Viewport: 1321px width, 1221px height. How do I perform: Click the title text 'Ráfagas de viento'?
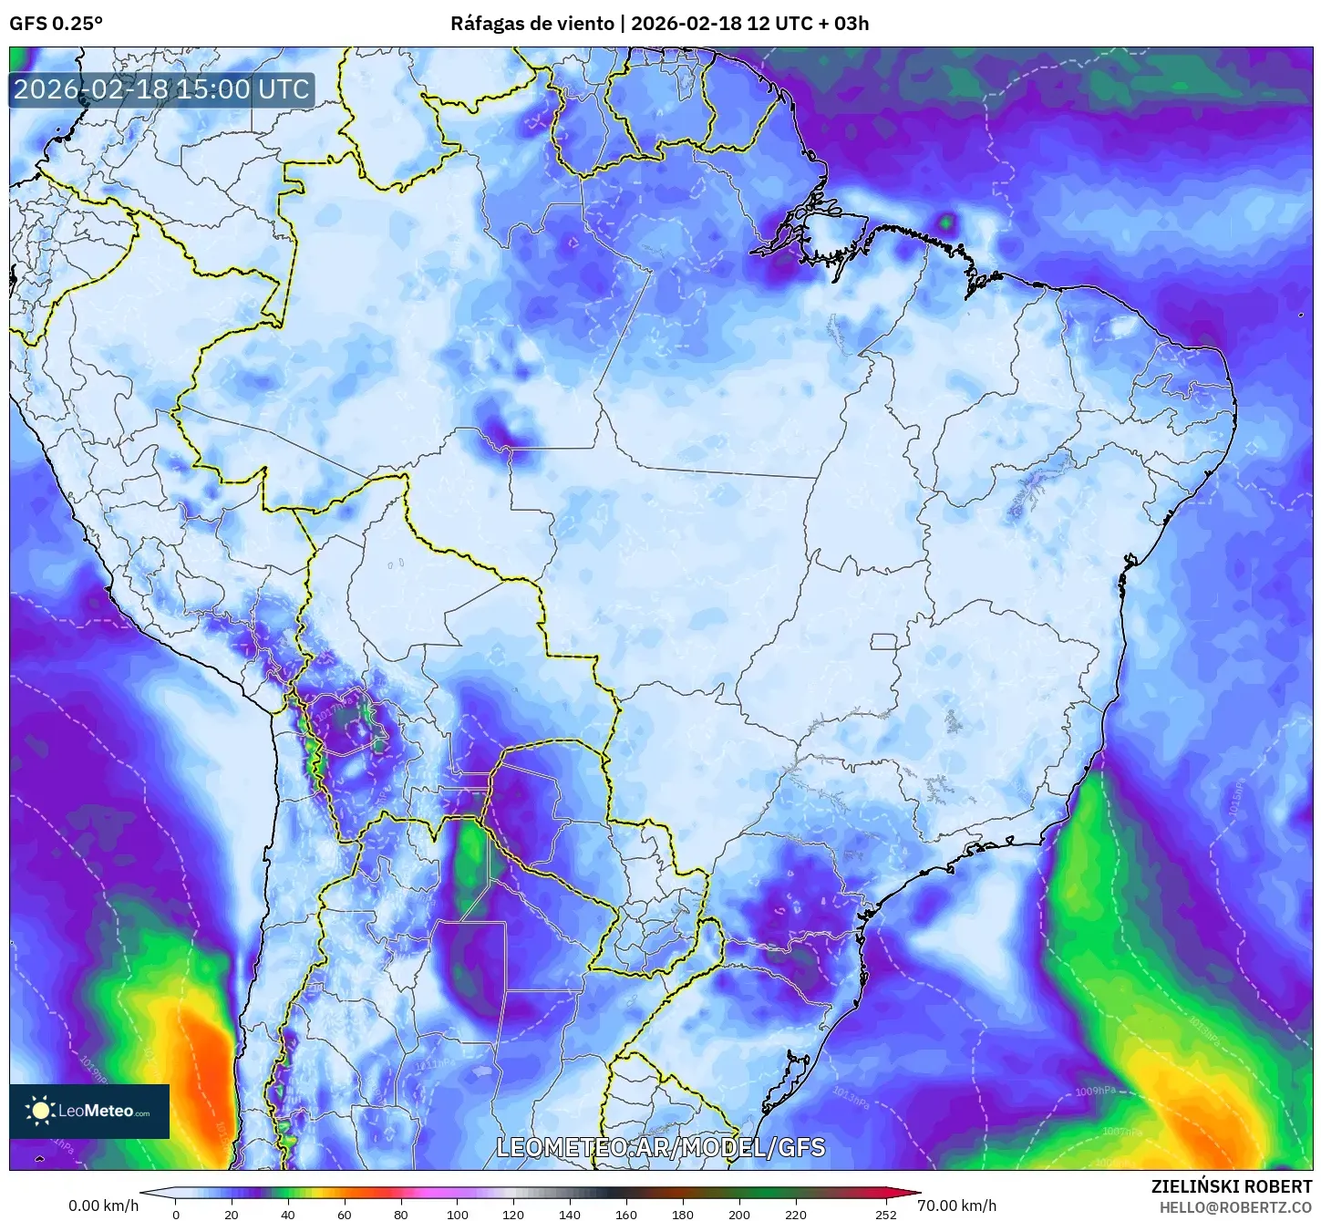tap(531, 24)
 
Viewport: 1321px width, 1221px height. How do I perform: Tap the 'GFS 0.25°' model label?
tap(56, 24)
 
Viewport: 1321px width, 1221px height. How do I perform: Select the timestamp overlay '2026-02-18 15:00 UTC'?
tap(161, 89)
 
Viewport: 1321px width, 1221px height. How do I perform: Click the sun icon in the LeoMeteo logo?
tap(40, 1110)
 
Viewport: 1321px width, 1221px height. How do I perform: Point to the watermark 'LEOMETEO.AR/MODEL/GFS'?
tap(660, 1147)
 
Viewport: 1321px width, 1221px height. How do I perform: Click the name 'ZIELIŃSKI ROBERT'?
tap(1232, 1186)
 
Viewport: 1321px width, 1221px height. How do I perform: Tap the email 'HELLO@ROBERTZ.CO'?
tap(1235, 1207)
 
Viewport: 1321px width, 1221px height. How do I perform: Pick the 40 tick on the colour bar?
tap(288, 1214)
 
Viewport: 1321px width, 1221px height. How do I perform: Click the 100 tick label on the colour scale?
tap(458, 1214)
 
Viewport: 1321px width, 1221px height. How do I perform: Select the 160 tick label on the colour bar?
tap(626, 1214)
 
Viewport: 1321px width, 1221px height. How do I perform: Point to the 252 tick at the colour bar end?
tap(886, 1214)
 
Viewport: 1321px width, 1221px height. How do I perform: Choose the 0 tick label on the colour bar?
tap(176, 1214)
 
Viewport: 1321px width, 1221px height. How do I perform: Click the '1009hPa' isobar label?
tap(1095, 1092)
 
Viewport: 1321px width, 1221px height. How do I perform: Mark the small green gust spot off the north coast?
tap(947, 221)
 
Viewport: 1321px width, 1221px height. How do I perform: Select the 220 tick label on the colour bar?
tap(796, 1214)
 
